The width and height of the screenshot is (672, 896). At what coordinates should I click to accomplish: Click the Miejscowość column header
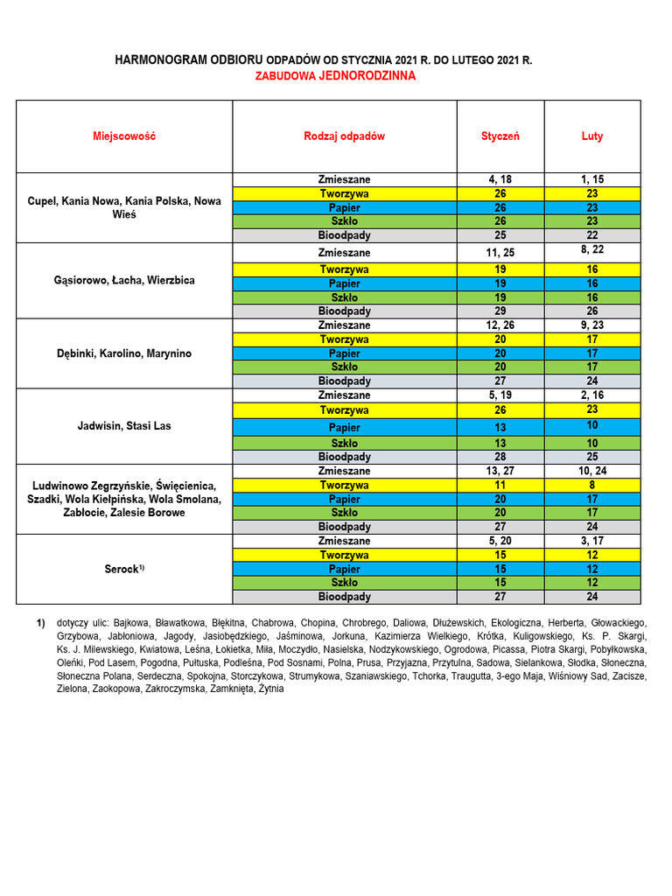click(124, 136)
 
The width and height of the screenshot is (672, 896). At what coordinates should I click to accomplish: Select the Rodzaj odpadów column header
click(344, 136)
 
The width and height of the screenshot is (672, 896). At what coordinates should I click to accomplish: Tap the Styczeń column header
click(500, 136)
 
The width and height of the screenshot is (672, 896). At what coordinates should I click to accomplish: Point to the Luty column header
click(592, 136)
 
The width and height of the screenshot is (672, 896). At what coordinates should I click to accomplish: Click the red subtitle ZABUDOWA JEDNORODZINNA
click(335, 76)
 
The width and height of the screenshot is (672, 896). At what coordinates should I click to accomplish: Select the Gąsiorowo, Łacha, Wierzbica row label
click(124, 281)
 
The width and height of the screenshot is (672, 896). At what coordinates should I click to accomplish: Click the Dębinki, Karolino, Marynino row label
click(124, 354)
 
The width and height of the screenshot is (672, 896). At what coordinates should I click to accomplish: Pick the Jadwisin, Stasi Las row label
click(124, 427)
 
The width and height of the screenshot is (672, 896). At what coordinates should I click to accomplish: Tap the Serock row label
click(124, 570)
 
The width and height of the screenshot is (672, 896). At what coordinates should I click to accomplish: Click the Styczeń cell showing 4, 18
click(500, 179)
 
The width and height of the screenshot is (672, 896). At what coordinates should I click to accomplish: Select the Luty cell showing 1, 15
click(592, 179)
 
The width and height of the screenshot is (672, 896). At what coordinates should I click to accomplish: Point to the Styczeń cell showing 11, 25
click(500, 253)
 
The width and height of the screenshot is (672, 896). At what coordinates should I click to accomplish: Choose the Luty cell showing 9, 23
click(592, 325)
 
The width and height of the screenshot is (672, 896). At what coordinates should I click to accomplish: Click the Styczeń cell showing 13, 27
click(500, 471)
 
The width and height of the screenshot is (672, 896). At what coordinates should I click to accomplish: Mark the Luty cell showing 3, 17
click(592, 541)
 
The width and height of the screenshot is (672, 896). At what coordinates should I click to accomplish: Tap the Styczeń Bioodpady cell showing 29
click(500, 311)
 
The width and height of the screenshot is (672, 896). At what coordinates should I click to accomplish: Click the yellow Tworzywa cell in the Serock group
click(344, 556)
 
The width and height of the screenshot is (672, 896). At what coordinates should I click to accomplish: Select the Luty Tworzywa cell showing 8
click(592, 485)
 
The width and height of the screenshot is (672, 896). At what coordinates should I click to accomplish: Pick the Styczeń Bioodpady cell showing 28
click(500, 457)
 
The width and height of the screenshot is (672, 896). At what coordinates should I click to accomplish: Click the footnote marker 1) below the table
click(40, 622)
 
